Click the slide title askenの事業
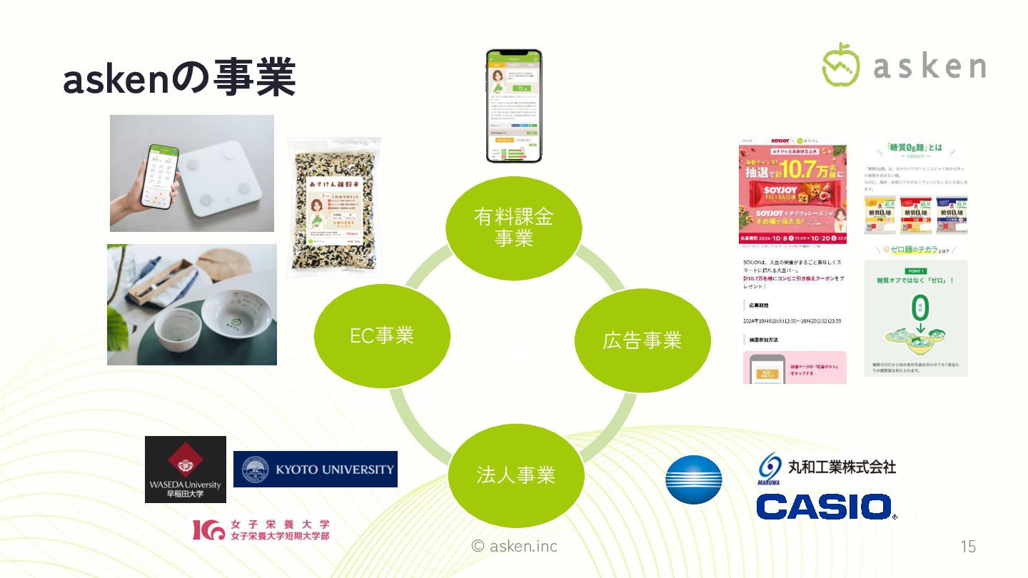[178, 80]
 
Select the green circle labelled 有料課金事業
[513, 228]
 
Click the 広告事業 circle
[642, 340]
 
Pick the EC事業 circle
[382, 335]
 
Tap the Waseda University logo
[186, 469]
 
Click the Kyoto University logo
[315, 469]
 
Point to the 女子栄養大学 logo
[261, 529]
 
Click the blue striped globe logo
[693, 480]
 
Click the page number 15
[967, 547]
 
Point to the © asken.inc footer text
[515, 547]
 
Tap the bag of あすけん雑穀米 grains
[334, 207]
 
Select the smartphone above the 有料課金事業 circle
[513, 106]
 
